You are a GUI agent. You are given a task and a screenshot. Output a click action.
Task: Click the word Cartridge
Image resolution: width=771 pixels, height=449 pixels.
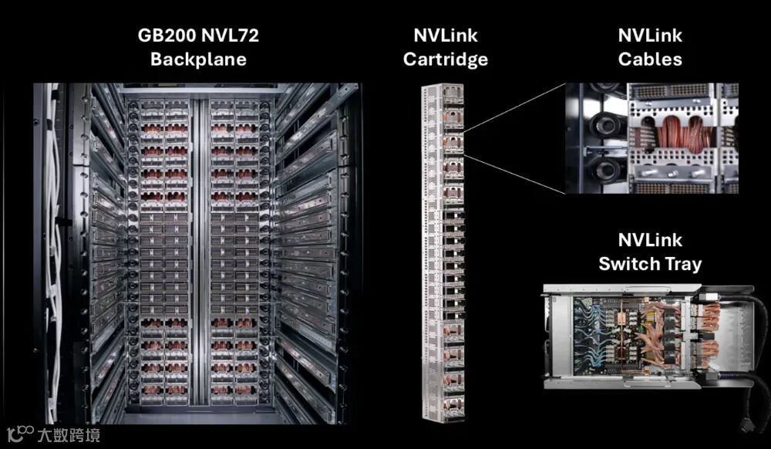pyautogui.click(x=445, y=59)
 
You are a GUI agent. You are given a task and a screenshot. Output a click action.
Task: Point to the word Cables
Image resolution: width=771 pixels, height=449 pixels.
pyautogui.click(x=650, y=59)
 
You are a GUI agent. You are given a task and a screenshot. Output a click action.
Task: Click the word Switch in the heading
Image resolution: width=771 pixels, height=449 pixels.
pyautogui.click(x=629, y=264)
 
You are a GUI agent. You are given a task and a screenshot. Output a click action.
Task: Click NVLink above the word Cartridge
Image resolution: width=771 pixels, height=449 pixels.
pyautogui.click(x=445, y=35)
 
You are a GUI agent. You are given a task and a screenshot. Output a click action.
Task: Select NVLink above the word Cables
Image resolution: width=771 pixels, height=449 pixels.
pyautogui.click(x=650, y=35)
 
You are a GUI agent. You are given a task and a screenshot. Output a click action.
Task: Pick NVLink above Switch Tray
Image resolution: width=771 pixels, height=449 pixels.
pyautogui.click(x=650, y=240)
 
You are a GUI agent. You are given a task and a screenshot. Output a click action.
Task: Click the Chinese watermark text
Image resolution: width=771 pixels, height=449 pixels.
pyautogui.click(x=68, y=434)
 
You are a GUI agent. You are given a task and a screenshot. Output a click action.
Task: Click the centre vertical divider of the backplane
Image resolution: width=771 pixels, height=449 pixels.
pyautogui.click(x=200, y=255)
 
